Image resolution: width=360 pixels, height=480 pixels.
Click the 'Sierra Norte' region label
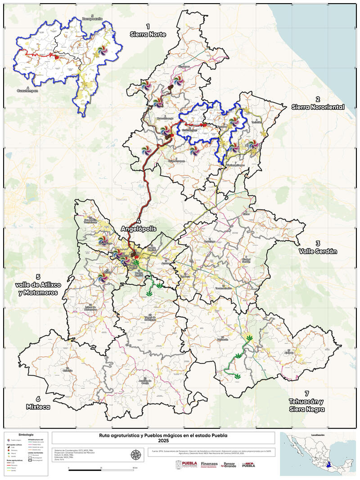(148, 31)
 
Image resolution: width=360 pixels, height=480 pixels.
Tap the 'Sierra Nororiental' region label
(318, 103)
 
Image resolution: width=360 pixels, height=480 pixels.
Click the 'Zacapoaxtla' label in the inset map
(92, 19)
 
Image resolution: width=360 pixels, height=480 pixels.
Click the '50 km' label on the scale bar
(135, 469)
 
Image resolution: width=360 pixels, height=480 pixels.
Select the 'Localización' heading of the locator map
(318, 435)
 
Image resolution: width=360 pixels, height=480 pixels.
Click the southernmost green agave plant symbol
(237, 376)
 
